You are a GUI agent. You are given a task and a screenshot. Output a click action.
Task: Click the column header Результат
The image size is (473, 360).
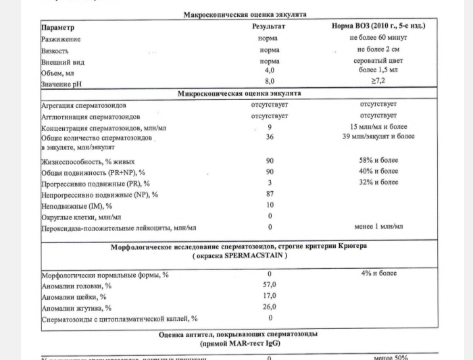click(x=269, y=27)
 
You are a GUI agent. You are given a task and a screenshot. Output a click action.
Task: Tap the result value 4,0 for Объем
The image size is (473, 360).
click(x=270, y=70)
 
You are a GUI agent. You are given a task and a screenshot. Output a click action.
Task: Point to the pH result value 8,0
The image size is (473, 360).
click(x=270, y=81)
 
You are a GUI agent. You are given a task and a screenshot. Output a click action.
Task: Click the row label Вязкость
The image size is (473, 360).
click(x=55, y=50)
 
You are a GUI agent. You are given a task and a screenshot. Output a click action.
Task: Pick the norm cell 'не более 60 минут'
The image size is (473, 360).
click(x=378, y=38)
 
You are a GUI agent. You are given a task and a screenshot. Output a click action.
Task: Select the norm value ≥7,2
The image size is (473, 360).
click(x=378, y=81)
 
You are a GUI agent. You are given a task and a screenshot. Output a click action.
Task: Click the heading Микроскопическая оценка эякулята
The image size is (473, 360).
click(x=239, y=93)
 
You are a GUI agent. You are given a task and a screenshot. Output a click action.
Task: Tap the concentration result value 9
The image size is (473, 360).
click(x=270, y=127)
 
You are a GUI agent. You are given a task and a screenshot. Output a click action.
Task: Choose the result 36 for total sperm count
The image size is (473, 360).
click(x=270, y=137)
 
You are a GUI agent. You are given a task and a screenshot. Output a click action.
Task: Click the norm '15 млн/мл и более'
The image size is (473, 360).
click(x=378, y=127)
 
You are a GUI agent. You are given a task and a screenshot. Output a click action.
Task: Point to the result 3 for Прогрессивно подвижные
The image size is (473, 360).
click(x=270, y=183)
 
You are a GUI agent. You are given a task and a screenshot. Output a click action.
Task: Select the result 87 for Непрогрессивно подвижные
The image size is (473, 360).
click(x=270, y=195)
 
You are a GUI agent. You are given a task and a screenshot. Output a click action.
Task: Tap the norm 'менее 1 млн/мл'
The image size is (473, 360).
click(x=378, y=228)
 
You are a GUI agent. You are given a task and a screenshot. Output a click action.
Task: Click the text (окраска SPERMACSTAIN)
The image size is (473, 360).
click(x=239, y=256)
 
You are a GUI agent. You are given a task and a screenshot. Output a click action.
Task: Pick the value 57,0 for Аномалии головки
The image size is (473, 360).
click(x=270, y=284)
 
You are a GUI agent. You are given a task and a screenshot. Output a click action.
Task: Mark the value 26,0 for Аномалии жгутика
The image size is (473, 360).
click(x=270, y=307)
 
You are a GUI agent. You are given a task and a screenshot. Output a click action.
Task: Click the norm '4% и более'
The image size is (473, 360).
click(x=378, y=274)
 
